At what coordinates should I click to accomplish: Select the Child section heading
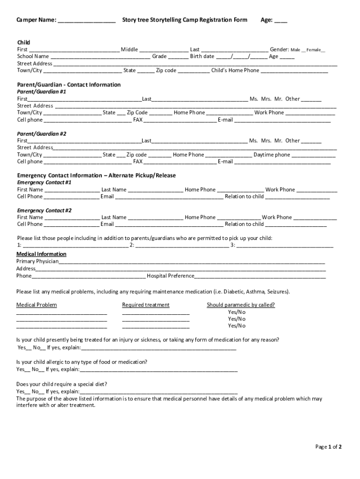point(23,43)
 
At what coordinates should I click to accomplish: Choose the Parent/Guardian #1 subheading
point(42,92)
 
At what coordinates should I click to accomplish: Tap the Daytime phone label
point(272,155)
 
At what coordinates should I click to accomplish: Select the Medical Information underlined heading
point(41,254)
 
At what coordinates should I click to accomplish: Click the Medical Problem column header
point(36,305)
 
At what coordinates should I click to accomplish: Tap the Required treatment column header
point(146,305)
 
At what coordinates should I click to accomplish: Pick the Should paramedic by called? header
point(241,305)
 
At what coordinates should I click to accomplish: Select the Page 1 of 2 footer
point(329,447)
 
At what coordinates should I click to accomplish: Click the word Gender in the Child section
point(279,50)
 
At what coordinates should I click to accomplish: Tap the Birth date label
point(202,57)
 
